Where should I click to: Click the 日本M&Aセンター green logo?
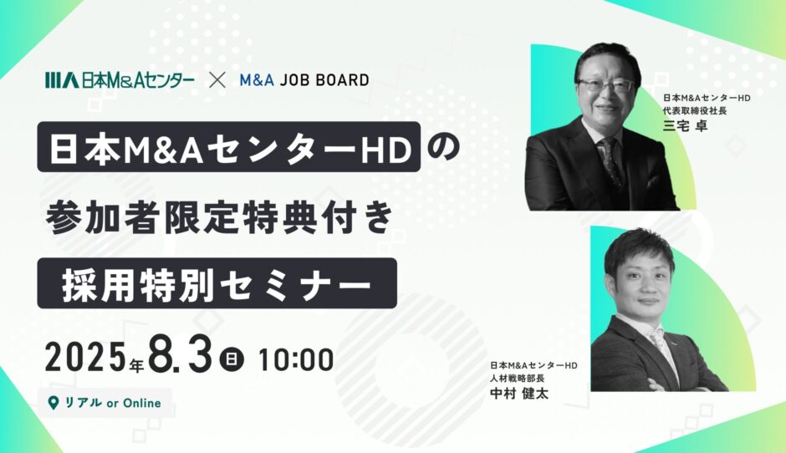point(120,80)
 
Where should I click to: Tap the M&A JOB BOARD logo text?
point(304,80)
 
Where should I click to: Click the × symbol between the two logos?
point(217,80)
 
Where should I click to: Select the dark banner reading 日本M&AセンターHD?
point(229,147)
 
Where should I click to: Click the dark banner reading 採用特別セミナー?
point(217,283)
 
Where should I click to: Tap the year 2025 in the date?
point(85,359)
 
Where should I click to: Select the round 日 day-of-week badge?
point(231,359)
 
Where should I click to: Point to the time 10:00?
point(296,359)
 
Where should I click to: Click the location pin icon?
point(53,403)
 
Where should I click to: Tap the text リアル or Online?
point(113,403)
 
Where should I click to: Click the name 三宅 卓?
point(685,125)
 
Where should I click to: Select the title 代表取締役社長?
point(695,111)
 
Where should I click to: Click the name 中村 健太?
point(518,393)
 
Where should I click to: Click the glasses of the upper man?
point(605,84)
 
